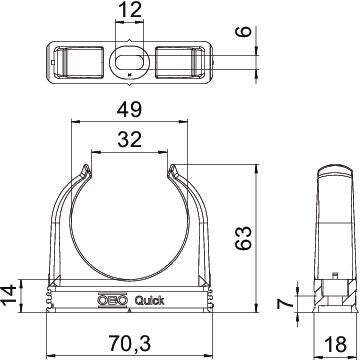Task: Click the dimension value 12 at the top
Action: tap(129, 11)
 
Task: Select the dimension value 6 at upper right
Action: tap(245, 32)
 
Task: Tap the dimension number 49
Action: tap(129, 110)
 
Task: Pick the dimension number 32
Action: tap(130, 140)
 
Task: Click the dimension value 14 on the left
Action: tap(10, 295)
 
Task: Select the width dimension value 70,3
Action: tap(129, 343)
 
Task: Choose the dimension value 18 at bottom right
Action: tap(335, 344)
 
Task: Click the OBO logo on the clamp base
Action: tap(112, 300)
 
